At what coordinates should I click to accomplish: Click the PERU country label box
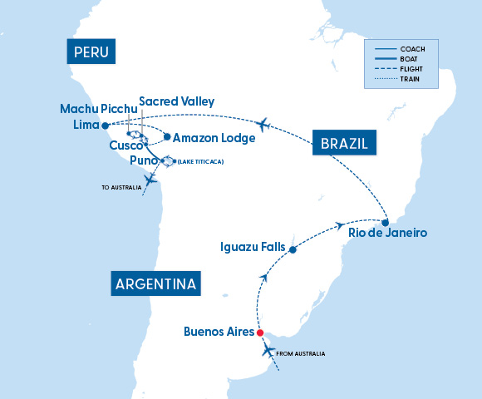92,53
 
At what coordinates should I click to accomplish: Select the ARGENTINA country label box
156,283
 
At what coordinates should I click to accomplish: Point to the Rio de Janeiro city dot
386,222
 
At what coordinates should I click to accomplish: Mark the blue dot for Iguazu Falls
292,248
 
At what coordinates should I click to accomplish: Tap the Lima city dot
105,126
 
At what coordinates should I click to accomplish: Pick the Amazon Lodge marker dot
167,137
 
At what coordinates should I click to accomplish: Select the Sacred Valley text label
176,101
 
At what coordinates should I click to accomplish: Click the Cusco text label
126,145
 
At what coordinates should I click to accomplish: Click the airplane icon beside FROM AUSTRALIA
268,351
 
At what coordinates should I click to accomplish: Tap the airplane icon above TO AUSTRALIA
150,179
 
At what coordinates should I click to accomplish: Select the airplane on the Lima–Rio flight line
265,125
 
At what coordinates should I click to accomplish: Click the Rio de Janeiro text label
389,234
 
